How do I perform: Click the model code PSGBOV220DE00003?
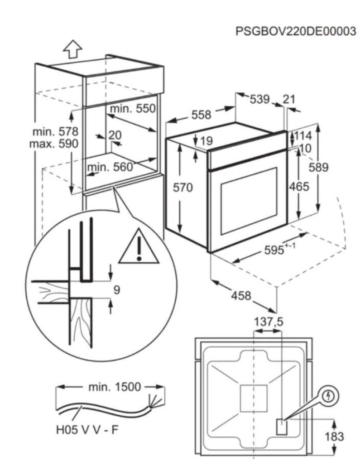click(x=295, y=31)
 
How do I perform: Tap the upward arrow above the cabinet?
click(x=73, y=49)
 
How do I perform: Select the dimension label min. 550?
click(x=133, y=108)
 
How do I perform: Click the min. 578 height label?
click(x=55, y=131)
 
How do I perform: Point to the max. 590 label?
click(x=54, y=144)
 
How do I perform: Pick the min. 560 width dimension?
click(x=110, y=167)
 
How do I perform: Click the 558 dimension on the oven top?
click(x=202, y=115)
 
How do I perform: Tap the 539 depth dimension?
click(x=259, y=99)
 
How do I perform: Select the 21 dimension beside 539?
click(x=288, y=99)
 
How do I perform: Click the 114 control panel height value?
click(x=303, y=136)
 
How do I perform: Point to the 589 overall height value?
click(x=318, y=167)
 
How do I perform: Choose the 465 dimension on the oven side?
click(x=299, y=187)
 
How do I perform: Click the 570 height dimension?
click(x=183, y=188)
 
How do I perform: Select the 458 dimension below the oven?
click(x=241, y=295)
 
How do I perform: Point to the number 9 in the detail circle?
click(x=117, y=289)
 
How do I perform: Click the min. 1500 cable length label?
click(x=115, y=387)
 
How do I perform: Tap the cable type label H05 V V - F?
click(x=87, y=430)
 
